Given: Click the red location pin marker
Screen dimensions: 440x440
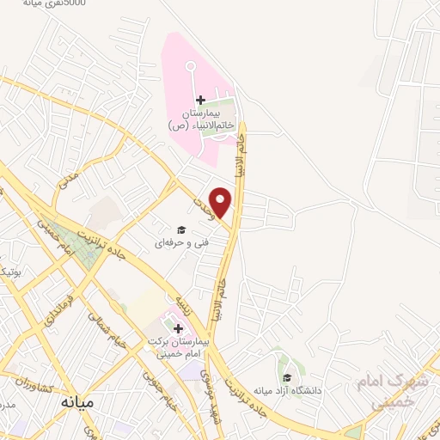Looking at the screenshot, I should click(x=221, y=202).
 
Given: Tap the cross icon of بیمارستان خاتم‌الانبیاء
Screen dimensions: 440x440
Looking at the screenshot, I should click(x=201, y=101).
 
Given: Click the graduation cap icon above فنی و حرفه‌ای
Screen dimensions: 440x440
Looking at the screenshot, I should click(x=181, y=229).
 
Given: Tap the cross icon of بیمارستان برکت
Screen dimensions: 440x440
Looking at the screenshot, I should click(x=178, y=327).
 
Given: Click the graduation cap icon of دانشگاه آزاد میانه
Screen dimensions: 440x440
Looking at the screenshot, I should click(x=286, y=376).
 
